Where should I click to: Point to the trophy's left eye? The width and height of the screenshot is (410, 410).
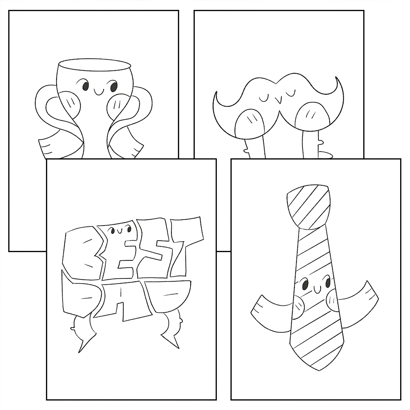85,86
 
